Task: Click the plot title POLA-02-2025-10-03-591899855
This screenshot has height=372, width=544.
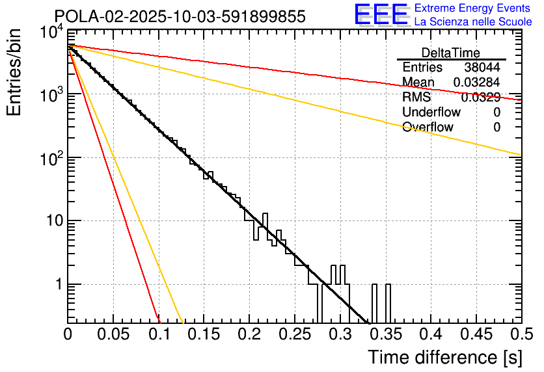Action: click(180, 17)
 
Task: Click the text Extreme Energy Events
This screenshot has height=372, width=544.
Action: click(473, 8)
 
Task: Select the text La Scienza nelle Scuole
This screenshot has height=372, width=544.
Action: click(473, 22)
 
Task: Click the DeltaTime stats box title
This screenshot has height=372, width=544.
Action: click(451, 53)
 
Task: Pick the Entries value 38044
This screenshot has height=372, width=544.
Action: click(482, 68)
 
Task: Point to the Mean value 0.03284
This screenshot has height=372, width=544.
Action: click(476, 83)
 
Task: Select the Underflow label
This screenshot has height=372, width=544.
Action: click(431, 113)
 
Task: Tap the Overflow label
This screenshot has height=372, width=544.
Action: click(428, 127)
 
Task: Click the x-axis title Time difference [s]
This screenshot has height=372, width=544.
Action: click(444, 357)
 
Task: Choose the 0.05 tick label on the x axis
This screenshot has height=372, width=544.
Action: click(113, 334)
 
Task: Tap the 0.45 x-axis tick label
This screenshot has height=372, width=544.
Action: click(475, 334)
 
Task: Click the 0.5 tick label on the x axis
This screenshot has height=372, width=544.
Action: click(519, 334)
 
